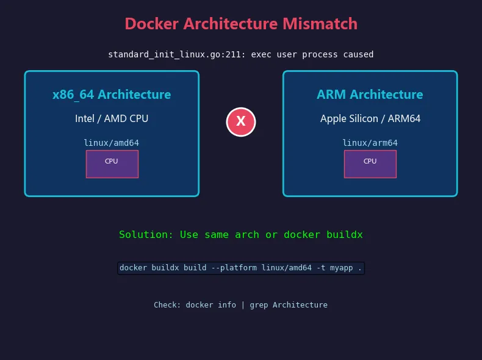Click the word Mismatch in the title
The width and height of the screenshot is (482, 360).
[320, 24]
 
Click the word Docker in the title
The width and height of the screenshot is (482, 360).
[151, 24]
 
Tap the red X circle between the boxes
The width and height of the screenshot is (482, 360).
[241, 122]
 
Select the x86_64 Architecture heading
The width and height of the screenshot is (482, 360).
[112, 95]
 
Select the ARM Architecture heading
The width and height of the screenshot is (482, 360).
[370, 95]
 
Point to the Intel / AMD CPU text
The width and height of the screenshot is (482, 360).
[112, 118]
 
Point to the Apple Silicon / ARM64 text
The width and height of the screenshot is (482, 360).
[370, 118]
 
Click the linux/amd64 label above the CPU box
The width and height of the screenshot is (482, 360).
[111, 143]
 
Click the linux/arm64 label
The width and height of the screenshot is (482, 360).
[370, 143]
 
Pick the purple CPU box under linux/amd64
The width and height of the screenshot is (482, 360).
[112, 164]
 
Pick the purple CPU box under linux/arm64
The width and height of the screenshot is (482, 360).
[370, 164]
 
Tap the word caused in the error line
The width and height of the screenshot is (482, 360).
[358, 54]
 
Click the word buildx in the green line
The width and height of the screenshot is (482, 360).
[345, 234]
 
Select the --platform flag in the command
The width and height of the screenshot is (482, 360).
[234, 268]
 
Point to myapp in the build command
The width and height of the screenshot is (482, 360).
[341, 268]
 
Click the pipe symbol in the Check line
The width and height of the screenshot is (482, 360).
[243, 305]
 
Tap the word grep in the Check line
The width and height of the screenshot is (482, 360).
[259, 305]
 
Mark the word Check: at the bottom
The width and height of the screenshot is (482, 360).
[167, 304]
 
